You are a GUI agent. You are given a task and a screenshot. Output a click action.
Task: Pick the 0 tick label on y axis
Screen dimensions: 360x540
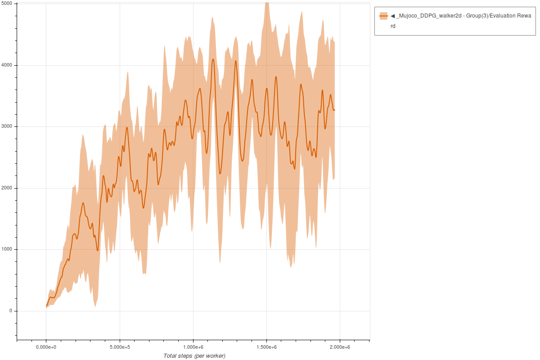tap(10, 311)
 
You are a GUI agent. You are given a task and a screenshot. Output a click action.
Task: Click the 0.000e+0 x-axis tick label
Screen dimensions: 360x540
tap(46, 347)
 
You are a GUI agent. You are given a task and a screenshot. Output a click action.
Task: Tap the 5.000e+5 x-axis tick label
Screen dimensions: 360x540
tap(120, 347)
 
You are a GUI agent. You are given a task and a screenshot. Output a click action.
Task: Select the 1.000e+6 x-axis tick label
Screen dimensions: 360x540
tap(193, 347)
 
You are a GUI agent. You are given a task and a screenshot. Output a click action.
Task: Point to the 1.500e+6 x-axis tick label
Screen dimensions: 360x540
tap(266, 347)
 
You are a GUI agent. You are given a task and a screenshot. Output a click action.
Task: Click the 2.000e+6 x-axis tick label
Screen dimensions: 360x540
tap(340, 347)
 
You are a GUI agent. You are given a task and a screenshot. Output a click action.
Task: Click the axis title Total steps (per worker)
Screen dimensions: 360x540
tap(194, 356)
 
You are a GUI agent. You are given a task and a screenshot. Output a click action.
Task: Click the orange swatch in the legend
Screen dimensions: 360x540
tap(383, 16)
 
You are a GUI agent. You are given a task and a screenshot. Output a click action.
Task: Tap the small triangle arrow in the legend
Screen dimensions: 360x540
tap(392, 16)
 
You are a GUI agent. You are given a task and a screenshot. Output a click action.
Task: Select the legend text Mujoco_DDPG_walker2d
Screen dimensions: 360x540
tap(425, 16)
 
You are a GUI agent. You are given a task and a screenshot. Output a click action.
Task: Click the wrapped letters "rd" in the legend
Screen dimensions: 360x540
tap(393, 26)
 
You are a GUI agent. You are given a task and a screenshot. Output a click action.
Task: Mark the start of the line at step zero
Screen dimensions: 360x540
tap(46, 306)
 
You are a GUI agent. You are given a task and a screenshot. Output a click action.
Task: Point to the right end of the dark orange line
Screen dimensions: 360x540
tap(334, 110)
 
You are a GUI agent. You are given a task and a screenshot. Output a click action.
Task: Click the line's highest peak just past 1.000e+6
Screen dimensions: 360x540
tap(213, 59)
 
